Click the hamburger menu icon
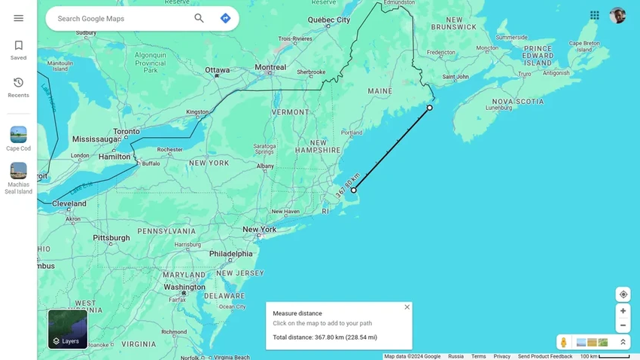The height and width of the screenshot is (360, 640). coord(18,18)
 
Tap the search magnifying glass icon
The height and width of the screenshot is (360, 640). coord(199,18)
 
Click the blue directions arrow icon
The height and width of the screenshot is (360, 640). coord(225,18)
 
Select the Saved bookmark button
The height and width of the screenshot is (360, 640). coord(18,50)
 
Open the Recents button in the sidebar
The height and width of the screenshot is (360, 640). coord(18,87)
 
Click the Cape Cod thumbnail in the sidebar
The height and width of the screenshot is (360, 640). coord(18,138)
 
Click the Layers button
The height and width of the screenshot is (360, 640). coord(68,330)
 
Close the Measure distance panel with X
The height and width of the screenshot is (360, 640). coord(407,307)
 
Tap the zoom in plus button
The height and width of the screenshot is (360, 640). coord(623,310)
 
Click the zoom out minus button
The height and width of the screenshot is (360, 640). coord(623,325)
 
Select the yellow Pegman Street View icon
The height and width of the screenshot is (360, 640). coord(563,343)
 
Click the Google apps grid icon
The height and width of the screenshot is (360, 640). coord(595,15)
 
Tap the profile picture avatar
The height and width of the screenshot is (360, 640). coord(617,15)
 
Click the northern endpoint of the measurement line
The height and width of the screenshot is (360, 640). coord(430,108)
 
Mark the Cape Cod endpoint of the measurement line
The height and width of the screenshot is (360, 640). coord(354,190)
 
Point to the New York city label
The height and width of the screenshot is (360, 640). coord(259,230)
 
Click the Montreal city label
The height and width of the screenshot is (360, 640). coord(270,67)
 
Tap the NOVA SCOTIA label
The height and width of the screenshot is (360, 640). coord(517,101)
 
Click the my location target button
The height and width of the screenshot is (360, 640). coord(623,294)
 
